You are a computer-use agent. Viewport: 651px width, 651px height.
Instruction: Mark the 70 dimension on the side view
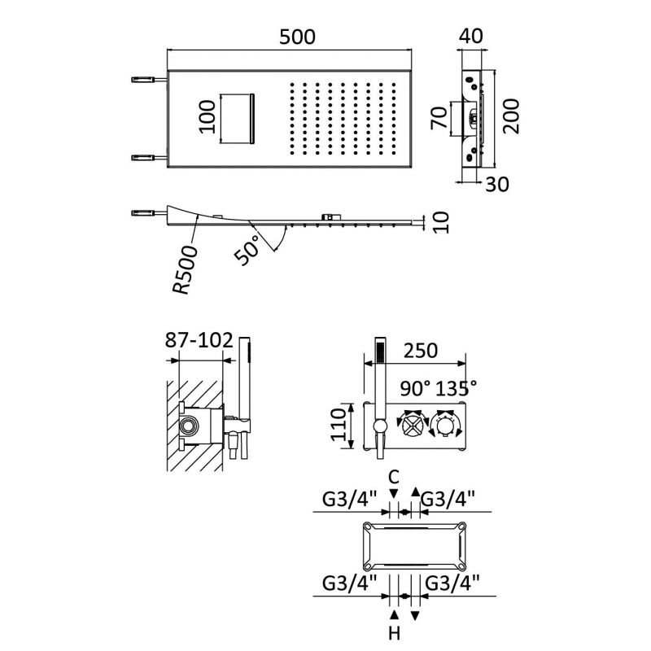point(437,118)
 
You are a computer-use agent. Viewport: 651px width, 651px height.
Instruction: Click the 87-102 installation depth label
point(199,339)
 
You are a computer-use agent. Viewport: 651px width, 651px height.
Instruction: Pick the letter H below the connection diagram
point(394,633)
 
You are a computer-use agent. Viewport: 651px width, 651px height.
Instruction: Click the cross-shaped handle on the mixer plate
point(410,425)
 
